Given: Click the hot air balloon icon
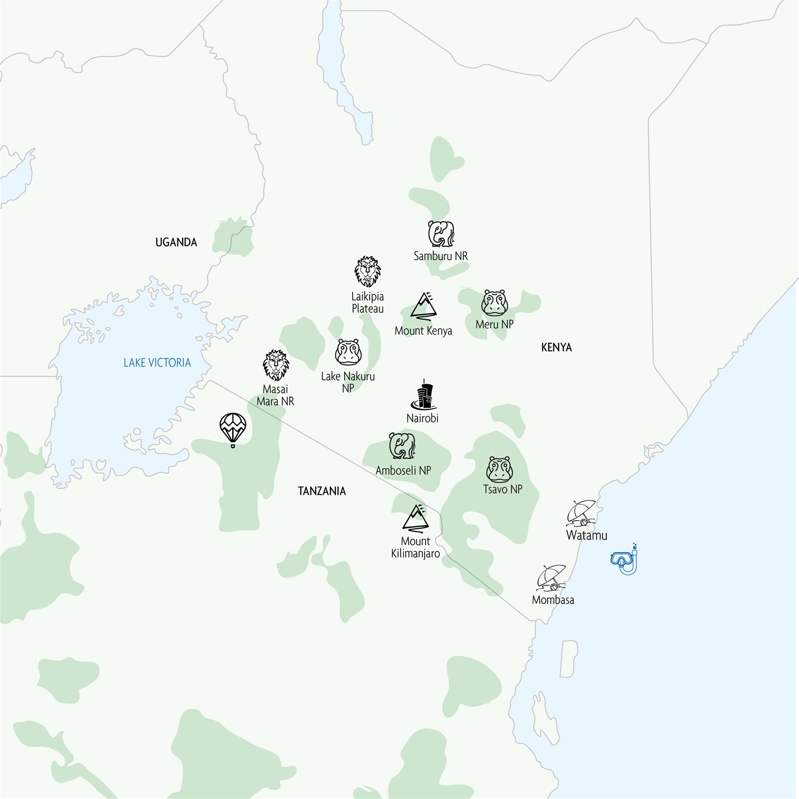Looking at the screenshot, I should pyautogui.click(x=233, y=429).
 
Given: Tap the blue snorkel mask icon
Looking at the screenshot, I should pyautogui.click(x=625, y=560).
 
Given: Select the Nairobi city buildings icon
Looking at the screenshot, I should pyautogui.click(x=424, y=396).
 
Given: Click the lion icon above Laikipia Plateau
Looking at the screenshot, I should pyautogui.click(x=368, y=272).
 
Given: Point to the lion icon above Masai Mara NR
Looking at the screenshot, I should pyautogui.click(x=276, y=365).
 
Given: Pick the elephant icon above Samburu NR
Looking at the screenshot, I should pyautogui.click(x=441, y=234).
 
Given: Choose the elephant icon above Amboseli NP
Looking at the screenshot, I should pyautogui.click(x=402, y=446).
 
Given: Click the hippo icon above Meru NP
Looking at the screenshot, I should pyautogui.click(x=495, y=303).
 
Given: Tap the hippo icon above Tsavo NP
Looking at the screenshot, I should pyautogui.click(x=500, y=469).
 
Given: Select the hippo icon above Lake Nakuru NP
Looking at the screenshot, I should pyautogui.click(x=348, y=352).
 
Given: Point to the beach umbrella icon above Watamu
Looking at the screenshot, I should pyautogui.click(x=582, y=513).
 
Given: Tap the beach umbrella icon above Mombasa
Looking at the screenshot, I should pyautogui.click(x=552, y=578).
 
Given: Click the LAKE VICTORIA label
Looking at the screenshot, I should pyautogui.click(x=157, y=363).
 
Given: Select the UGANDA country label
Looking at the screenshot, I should pyautogui.click(x=176, y=243).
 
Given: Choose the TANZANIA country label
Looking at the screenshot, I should pyautogui.click(x=322, y=491).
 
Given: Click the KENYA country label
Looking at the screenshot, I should pyautogui.click(x=556, y=348).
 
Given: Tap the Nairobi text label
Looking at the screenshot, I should pyautogui.click(x=422, y=418).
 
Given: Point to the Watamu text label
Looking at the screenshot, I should pyautogui.click(x=586, y=535).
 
